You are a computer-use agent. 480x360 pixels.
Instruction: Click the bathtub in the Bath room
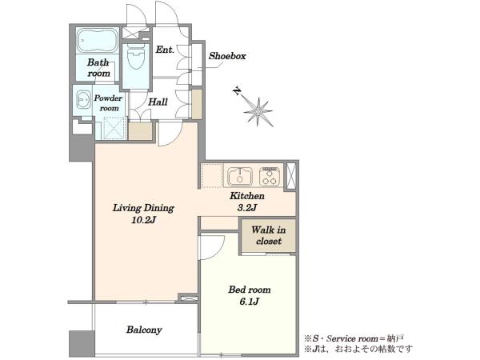[x=98, y=41]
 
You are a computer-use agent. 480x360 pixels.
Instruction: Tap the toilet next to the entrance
[x=136, y=57]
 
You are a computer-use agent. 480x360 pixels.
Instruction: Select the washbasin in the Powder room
[x=83, y=99]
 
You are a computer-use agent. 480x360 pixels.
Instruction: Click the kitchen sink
[x=240, y=177]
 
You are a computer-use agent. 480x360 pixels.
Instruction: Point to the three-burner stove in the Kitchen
[x=270, y=177]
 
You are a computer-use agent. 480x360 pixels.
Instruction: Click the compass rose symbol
[x=258, y=111]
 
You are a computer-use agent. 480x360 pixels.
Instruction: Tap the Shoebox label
[x=227, y=56]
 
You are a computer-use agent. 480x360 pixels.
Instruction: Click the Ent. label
[x=165, y=50]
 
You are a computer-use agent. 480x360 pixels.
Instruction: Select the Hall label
[x=158, y=102]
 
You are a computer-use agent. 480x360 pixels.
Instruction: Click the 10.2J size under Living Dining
[x=143, y=220]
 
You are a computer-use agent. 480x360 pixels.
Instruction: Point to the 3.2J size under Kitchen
[x=246, y=208]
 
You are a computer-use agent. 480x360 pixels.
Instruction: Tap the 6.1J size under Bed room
[x=249, y=302]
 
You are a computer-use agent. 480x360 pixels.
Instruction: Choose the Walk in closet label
[x=269, y=235]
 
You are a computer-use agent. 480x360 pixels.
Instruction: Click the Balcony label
[x=144, y=330]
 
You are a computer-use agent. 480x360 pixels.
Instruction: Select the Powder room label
[x=108, y=103]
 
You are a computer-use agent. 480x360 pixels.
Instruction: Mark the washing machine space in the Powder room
[x=114, y=129]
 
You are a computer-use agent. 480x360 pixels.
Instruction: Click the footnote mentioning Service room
[x=354, y=338]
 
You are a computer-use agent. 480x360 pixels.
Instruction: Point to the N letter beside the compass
[x=236, y=91]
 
